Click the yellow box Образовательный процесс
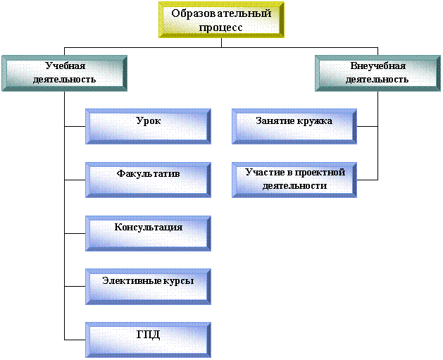[x=221, y=20]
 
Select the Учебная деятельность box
[x=64, y=73]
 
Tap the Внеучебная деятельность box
[x=378, y=73]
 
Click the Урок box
[x=149, y=126]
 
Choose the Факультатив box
[x=149, y=180]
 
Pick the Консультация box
[x=149, y=233]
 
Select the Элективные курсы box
[x=149, y=287]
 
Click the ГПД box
[x=149, y=340]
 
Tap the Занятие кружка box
[x=294, y=126]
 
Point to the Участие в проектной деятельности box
[x=294, y=180]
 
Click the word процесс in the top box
[x=220, y=28]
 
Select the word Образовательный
[x=221, y=13]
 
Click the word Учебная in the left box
[x=65, y=66]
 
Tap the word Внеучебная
[x=378, y=66]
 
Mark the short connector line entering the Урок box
[x=75, y=126]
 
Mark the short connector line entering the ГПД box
[x=75, y=340]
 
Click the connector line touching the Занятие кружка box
[x=367, y=126]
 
